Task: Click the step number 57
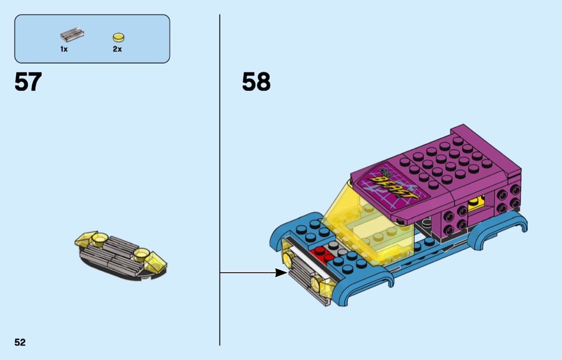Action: point(28,82)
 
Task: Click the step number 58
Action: point(256,82)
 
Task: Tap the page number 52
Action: point(20,342)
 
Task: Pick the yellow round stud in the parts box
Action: point(118,37)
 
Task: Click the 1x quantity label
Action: point(64,49)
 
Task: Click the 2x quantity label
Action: point(117,49)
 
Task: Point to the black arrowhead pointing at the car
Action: point(281,273)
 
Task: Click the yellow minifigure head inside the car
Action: point(475,204)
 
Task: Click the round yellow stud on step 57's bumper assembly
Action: point(142,252)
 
